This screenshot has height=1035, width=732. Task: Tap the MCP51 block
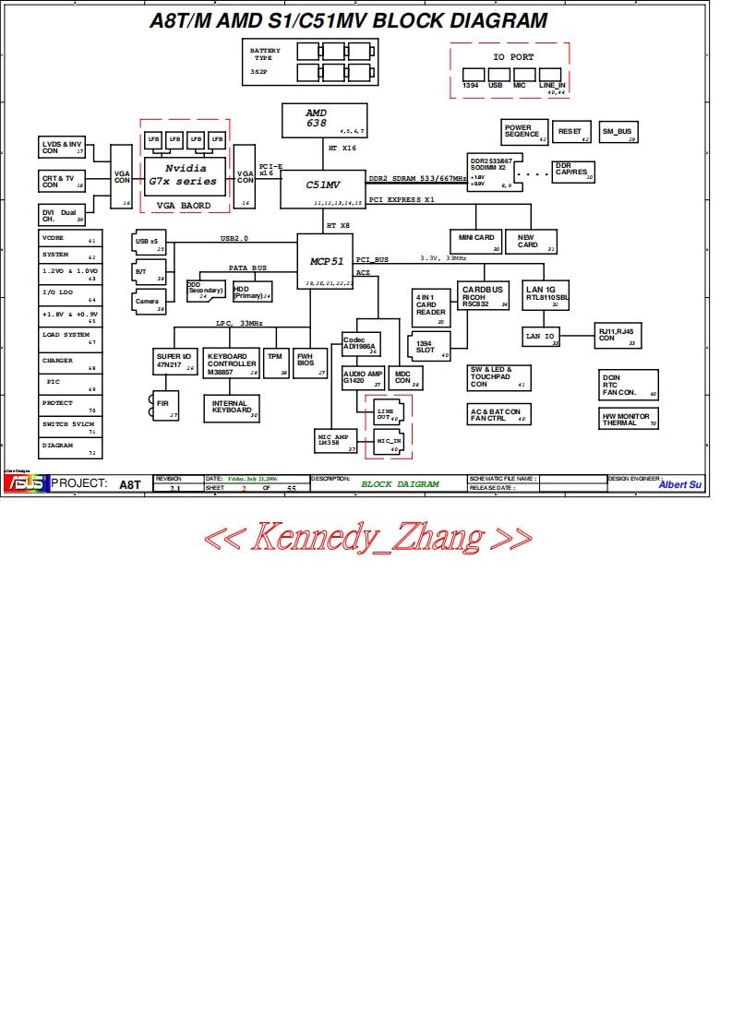click(325, 262)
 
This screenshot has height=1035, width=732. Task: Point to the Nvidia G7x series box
click(185, 174)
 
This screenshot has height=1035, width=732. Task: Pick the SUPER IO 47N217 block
click(174, 362)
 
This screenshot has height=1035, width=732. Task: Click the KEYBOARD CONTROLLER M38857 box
click(232, 363)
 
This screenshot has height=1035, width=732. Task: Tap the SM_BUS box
click(618, 132)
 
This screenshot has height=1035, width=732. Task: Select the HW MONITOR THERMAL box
click(629, 419)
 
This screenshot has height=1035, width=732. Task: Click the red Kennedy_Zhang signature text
click(366, 537)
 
